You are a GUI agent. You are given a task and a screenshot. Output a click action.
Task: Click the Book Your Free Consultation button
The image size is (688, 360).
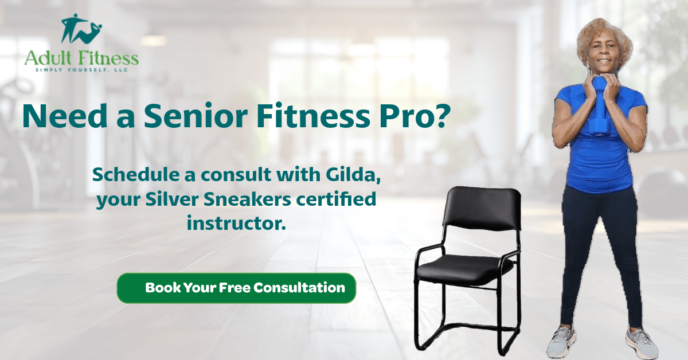[x=236, y=288]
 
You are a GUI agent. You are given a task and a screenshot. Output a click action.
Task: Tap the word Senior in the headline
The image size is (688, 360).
[x=196, y=116]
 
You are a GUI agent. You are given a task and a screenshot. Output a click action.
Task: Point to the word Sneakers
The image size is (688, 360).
[x=247, y=199]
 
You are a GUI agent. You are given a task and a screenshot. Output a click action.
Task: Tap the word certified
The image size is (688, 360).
[x=336, y=199]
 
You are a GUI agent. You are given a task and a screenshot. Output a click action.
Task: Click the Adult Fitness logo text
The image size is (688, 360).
[x=81, y=58]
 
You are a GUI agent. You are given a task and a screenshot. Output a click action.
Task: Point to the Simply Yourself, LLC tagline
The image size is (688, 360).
[x=81, y=70]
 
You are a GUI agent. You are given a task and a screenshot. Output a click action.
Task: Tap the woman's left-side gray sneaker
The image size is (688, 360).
[x=562, y=341]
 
